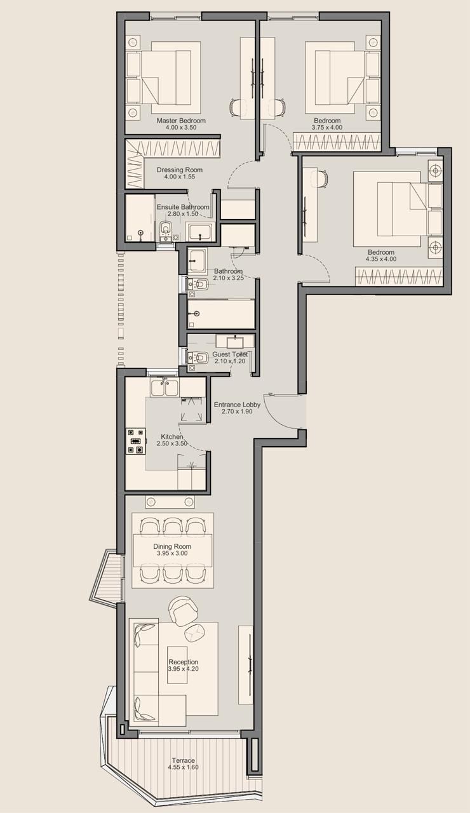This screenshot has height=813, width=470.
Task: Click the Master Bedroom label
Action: click(x=181, y=121)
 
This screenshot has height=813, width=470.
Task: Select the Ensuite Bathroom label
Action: click(x=183, y=207)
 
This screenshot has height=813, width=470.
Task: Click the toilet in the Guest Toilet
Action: click(x=196, y=358)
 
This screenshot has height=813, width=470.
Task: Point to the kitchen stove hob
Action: click(x=136, y=441)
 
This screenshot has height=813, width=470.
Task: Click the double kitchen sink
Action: click(x=164, y=387)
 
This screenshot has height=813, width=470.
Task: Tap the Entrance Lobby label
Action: click(x=237, y=405)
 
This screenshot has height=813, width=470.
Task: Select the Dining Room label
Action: click(x=172, y=546)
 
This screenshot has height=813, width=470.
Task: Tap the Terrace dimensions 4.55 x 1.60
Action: click(x=184, y=767)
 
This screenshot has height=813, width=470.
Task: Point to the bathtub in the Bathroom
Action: click(x=220, y=314)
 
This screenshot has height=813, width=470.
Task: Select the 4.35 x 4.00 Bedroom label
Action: click(x=381, y=255)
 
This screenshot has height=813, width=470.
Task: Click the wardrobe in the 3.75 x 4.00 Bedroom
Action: click(x=337, y=142)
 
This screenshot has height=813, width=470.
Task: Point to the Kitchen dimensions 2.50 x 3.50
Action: click(x=172, y=443)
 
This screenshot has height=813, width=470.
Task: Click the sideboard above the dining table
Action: click(x=170, y=502)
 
